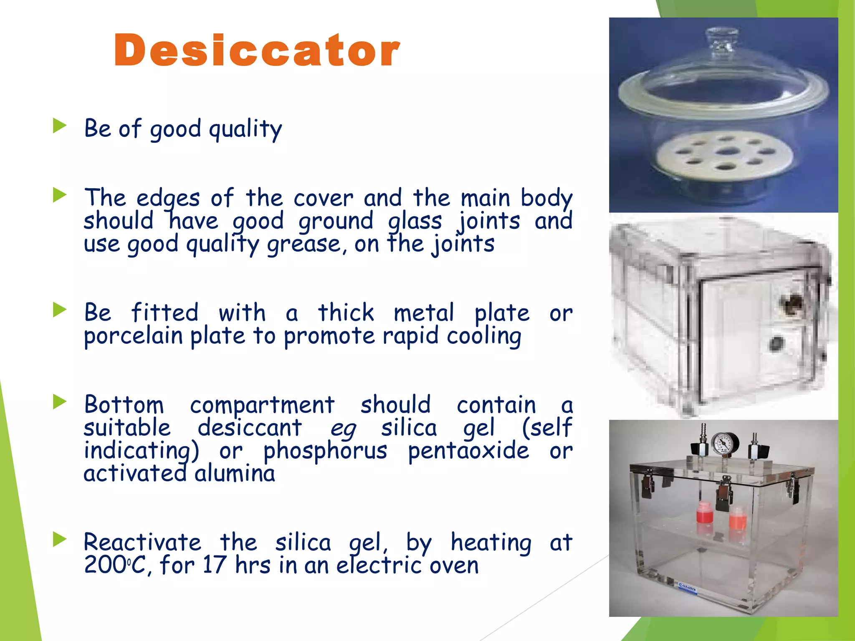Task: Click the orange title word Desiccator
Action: click(x=257, y=50)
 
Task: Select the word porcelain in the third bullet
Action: click(x=134, y=336)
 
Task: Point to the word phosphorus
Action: click(x=325, y=451)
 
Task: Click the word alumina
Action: click(x=235, y=474)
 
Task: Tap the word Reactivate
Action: click(x=142, y=543)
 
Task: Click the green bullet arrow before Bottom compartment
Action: click(x=60, y=402)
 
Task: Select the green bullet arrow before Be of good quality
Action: click(x=60, y=126)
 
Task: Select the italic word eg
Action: click(x=343, y=429)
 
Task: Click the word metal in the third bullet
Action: click(x=424, y=313)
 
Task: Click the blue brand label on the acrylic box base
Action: click(x=686, y=588)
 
